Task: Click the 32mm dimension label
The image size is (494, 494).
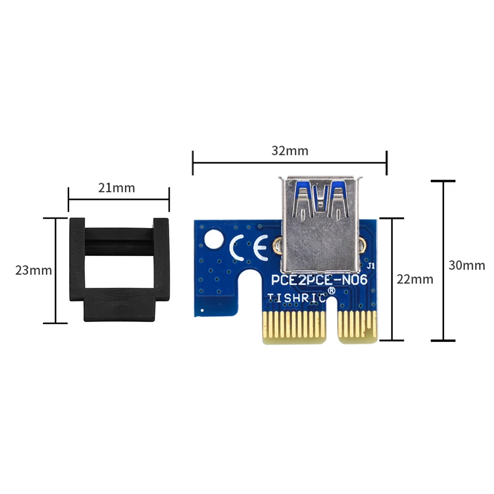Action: pos(290,151)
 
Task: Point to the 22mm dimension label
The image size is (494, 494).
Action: pos(415,279)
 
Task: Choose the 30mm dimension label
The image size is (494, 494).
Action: pos(466,265)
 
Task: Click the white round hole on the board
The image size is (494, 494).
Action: pos(212,239)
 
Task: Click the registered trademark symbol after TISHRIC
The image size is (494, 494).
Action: pos(332,292)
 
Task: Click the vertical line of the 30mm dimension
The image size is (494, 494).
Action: pos(443,261)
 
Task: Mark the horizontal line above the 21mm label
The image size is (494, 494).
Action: pos(118,199)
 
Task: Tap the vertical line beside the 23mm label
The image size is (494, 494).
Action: pos(55,270)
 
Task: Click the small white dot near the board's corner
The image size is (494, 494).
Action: pos(202,310)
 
